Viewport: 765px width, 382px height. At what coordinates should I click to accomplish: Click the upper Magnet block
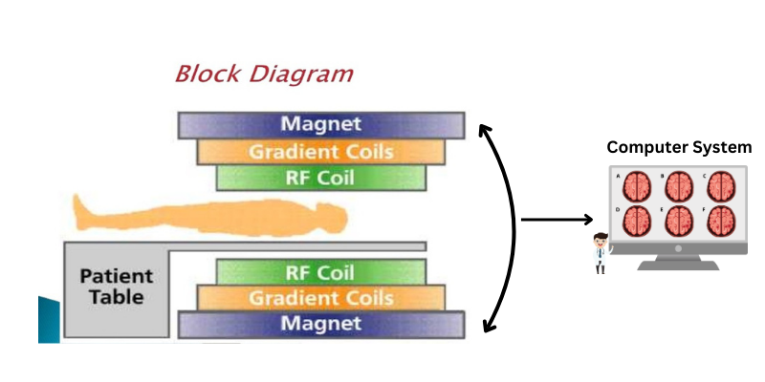321,125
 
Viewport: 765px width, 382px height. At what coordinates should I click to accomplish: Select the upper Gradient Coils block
321,152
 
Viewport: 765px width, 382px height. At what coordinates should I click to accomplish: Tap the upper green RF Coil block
321,177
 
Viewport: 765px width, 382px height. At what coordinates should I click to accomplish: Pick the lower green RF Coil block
321,272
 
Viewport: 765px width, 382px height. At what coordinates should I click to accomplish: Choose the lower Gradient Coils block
321,298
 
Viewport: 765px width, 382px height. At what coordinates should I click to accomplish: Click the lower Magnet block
321,325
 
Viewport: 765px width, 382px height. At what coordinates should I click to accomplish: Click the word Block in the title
208,74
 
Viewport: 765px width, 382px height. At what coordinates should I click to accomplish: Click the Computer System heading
679,148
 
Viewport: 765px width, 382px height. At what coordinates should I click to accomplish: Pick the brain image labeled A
638,185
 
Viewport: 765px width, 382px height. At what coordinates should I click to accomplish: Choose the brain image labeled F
721,221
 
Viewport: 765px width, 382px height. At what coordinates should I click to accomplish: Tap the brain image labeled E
679,221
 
